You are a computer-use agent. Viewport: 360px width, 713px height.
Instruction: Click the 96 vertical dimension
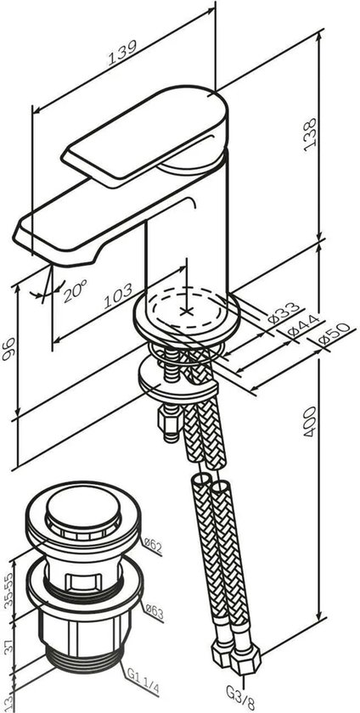[x=8, y=350]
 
